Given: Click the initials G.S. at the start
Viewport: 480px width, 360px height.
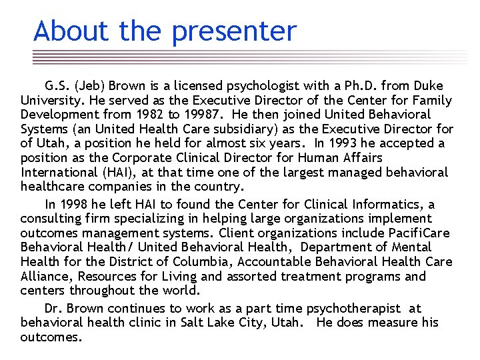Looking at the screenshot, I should (x=57, y=86).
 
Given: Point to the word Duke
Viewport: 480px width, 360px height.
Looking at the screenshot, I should (x=428, y=86).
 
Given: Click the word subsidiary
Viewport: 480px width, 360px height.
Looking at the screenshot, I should (x=247, y=129).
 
